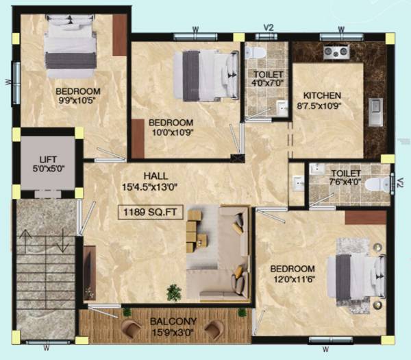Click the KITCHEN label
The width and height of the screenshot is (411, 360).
coord(323,95)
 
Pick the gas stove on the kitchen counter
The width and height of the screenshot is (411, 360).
coord(335,52)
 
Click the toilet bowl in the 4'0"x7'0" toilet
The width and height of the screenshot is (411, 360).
coord(255,52)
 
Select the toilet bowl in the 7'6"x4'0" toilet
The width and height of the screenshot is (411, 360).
coord(376,183)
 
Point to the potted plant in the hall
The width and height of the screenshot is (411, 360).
coord(175,292)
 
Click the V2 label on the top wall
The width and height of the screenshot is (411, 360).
coord(269,27)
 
